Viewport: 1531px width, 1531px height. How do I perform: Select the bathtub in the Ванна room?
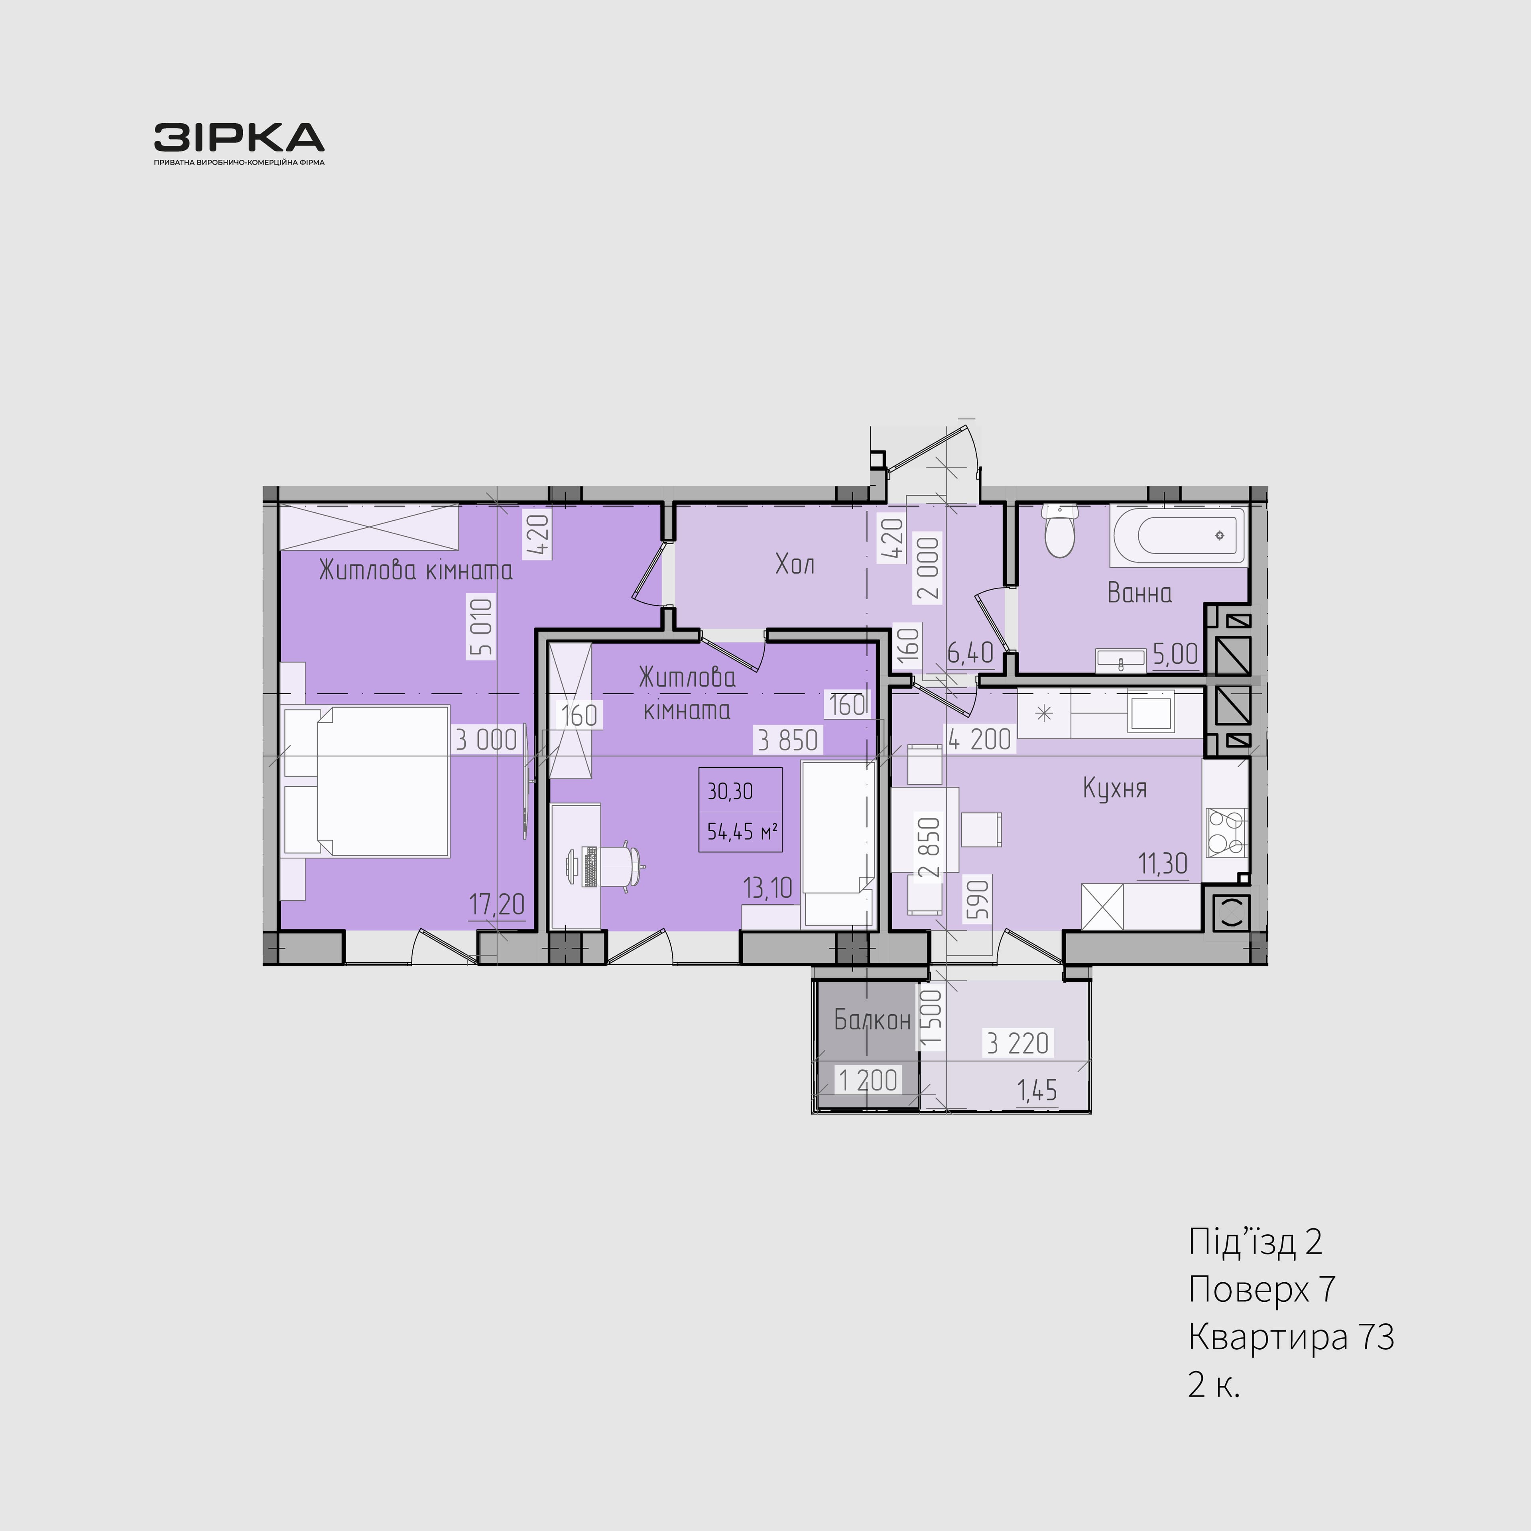[1178, 536]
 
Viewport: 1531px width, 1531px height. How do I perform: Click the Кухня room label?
[1114, 789]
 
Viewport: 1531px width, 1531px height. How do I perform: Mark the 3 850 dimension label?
[788, 740]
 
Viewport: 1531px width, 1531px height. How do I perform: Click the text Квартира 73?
[1291, 1337]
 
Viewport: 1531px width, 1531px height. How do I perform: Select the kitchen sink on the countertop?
[1151, 712]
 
